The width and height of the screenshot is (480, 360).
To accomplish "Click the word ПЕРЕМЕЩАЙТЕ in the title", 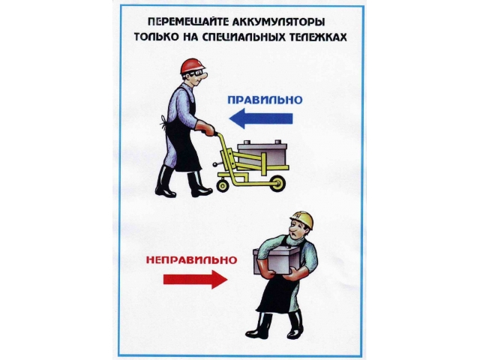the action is pos(188,22).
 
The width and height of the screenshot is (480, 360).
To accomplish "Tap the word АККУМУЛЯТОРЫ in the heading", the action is pos(279,22).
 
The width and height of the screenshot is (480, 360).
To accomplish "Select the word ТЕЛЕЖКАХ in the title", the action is pos(316,37).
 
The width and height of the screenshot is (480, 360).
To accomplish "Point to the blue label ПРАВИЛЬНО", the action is pos(265,100).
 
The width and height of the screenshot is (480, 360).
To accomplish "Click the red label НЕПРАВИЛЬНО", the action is pos(192,260).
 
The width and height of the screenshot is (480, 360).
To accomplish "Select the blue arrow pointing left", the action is pos(261,118).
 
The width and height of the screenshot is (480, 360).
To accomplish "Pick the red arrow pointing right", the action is pos(195,279).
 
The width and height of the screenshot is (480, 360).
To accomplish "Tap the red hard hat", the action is pos(192,66).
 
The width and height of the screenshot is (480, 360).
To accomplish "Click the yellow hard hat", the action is pos(303,219).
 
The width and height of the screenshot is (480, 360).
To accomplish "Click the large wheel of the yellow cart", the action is pos(277,183).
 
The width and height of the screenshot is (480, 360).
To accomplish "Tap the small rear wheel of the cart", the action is pos(223,185).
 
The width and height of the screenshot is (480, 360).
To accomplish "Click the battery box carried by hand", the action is pos(276,259).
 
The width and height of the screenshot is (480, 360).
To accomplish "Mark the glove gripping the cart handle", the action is pos(205,128).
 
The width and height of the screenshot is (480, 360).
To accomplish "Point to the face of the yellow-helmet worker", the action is pos(296,229).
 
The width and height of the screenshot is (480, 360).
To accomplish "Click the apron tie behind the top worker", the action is pos(163,122).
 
